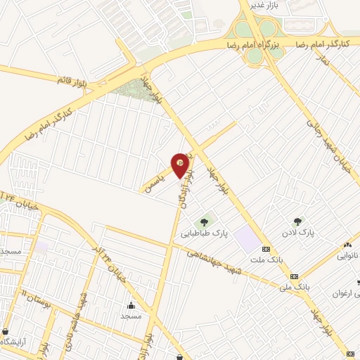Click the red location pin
tap(181, 165)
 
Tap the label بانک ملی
tap(295, 287)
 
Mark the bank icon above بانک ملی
tap(294, 276)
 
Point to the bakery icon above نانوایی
tap(347, 245)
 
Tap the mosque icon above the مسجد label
tap(131, 305)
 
